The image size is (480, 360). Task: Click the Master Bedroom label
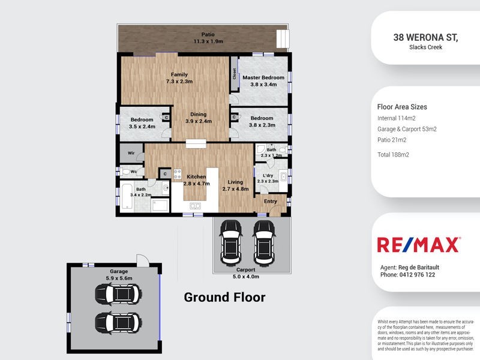263,77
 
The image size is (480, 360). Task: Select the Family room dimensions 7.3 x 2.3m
180,82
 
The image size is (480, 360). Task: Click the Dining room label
199,114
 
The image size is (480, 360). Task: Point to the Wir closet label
130,154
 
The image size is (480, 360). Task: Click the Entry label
271,202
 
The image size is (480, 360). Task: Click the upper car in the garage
118,294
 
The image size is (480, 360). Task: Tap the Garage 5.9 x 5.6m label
119,274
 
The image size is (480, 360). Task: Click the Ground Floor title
224,297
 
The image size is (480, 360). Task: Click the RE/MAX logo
418,245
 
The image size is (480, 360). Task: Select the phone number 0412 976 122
408,275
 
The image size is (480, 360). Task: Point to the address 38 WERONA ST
425,37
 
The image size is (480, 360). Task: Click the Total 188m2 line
393,155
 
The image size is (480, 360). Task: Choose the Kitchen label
196,177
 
